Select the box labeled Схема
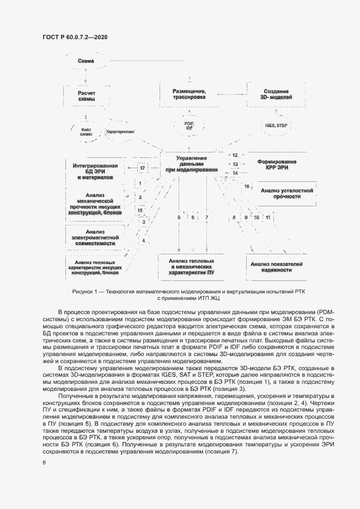[86, 62]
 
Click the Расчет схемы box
[87, 96]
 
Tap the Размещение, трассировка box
[189, 94]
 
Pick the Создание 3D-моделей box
[276, 94]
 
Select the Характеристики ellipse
[119, 131]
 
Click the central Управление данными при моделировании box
[192, 164]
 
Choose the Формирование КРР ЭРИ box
[277, 164]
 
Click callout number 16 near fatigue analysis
[247, 187]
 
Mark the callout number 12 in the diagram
[235, 155]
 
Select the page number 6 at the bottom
[44, 463]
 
